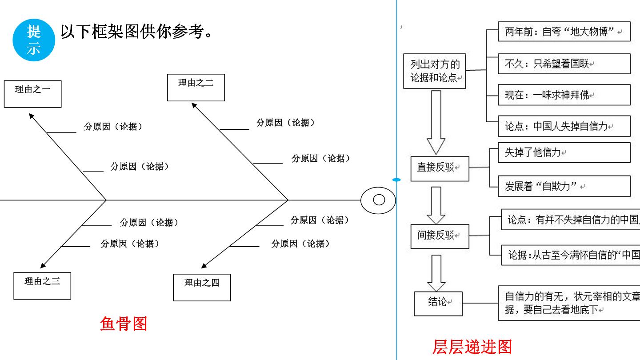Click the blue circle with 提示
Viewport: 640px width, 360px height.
(x=34, y=40)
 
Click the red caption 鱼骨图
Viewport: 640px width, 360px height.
(x=124, y=324)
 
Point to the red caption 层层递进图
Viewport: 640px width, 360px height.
(x=472, y=347)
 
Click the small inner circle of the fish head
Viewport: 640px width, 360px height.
(x=379, y=200)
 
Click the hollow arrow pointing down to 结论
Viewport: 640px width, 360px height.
(x=436, y=273)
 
